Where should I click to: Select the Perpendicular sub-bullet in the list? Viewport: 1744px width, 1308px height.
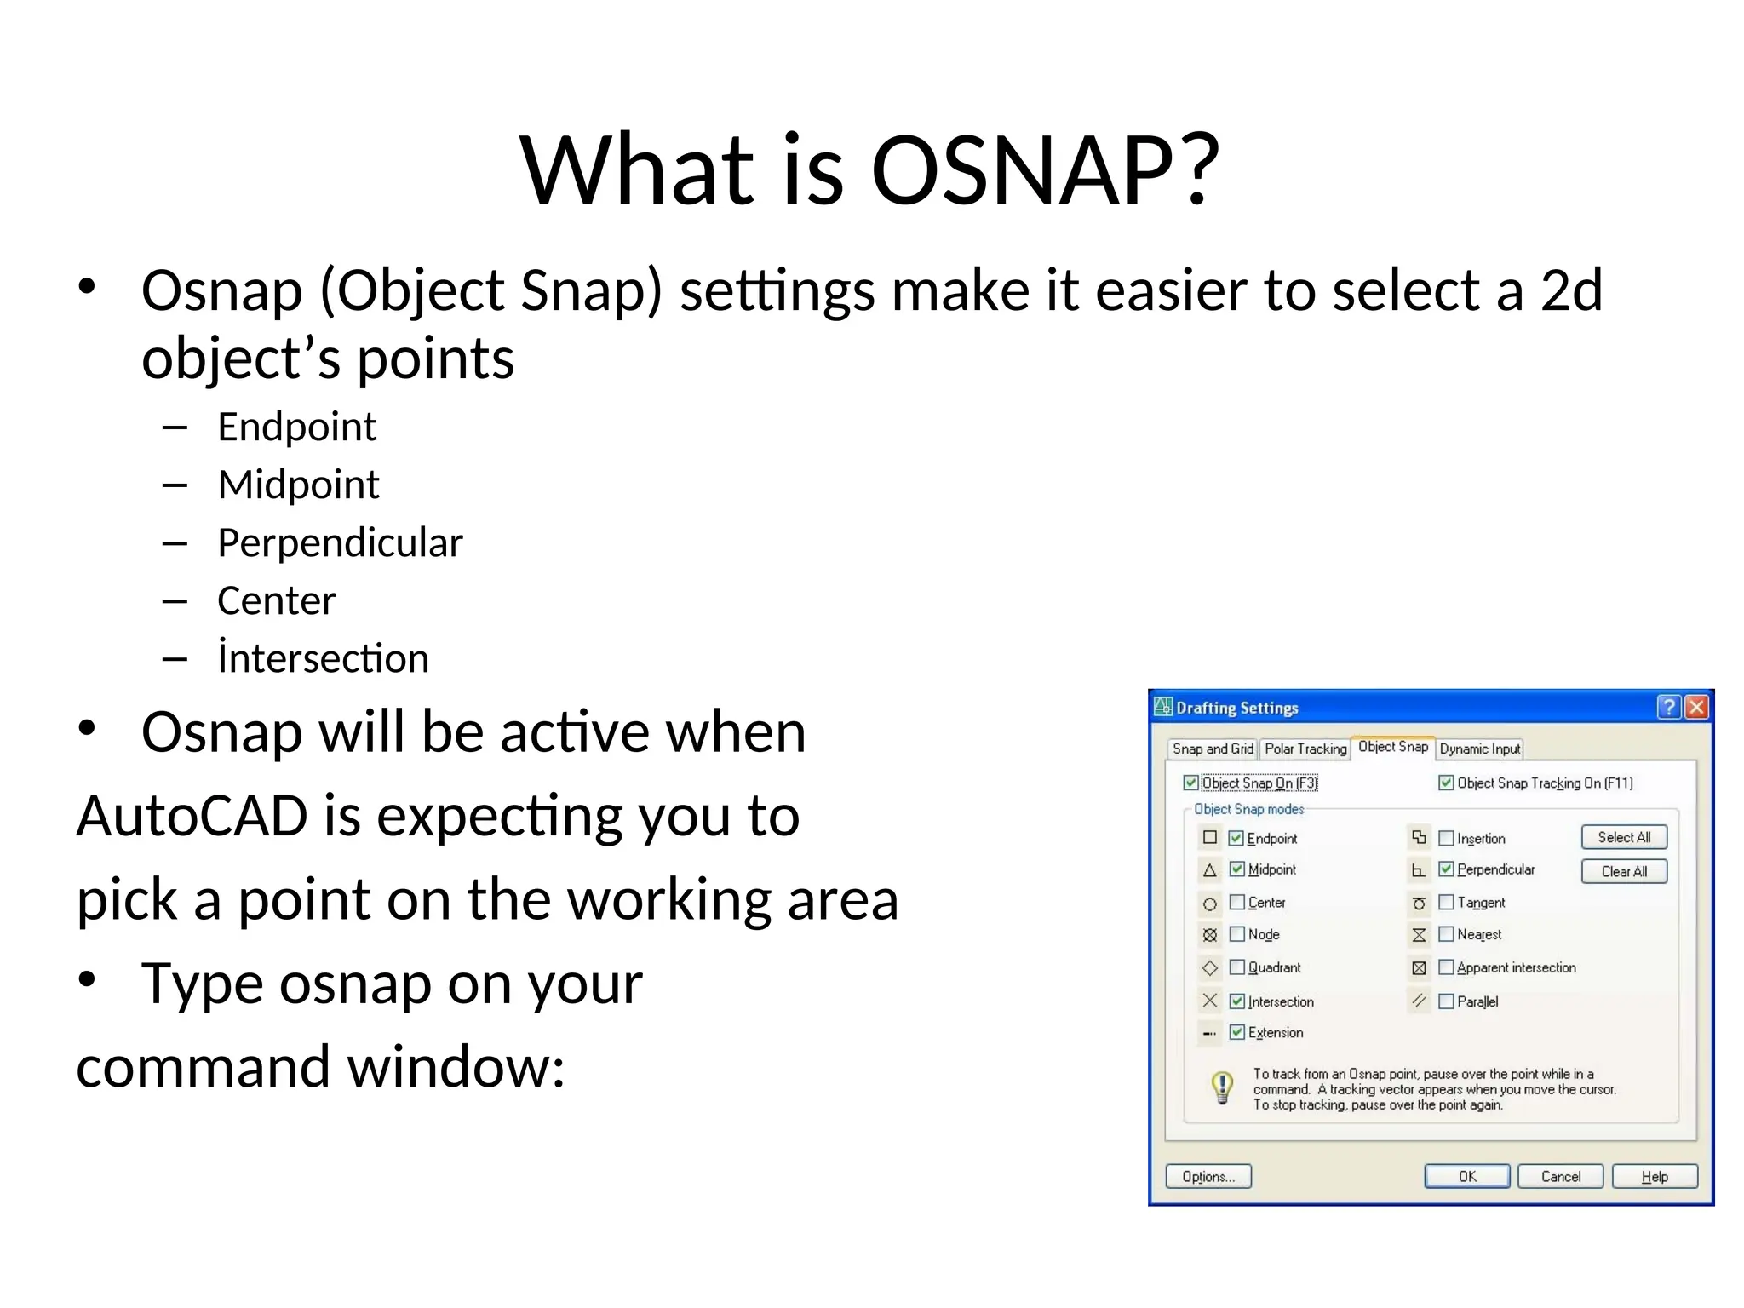pyautogui.click(x=340, y=542)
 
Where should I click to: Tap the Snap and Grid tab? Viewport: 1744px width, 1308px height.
pyautogui.click(x=1213, y=749)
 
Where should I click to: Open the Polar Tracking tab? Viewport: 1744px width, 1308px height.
pyautogui.click(x=1305, y=749)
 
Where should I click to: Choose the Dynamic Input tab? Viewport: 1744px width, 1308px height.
pyautogui.click(x=1479, y=749)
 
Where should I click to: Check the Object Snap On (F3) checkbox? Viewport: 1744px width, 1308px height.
pyautogui.click(x=1191, y=783)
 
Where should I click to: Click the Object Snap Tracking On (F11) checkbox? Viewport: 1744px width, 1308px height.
pyautogui.click(x=1446, y=783)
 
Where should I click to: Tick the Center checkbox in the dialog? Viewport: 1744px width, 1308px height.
pyautogui.click(x=1237, y=902)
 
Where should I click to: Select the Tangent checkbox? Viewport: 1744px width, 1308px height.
pyautogui.click(x=1446, y=902)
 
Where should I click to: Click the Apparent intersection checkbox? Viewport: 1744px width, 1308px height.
pyautogui.click(x=1446, y=967)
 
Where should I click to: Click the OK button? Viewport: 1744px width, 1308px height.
pyautogui.click(x=1466, y=1176)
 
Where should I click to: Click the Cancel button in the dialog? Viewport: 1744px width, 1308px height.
pyautogui.click(x=1560, y=1176)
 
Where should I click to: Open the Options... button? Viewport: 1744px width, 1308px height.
pyautogui.click(x=1208, y=1176)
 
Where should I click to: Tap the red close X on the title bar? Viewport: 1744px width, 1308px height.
pyautogui.click(x=1696, y=707)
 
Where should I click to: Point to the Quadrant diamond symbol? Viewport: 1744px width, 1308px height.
pyautogui.click(x=1210, y=968)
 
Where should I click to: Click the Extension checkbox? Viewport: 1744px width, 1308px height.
pyautogui.click(x=1237, y=1032)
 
